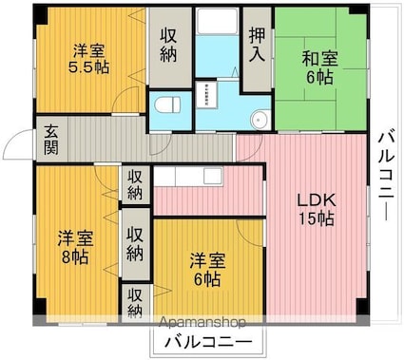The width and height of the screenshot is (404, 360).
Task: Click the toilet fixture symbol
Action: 168,103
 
